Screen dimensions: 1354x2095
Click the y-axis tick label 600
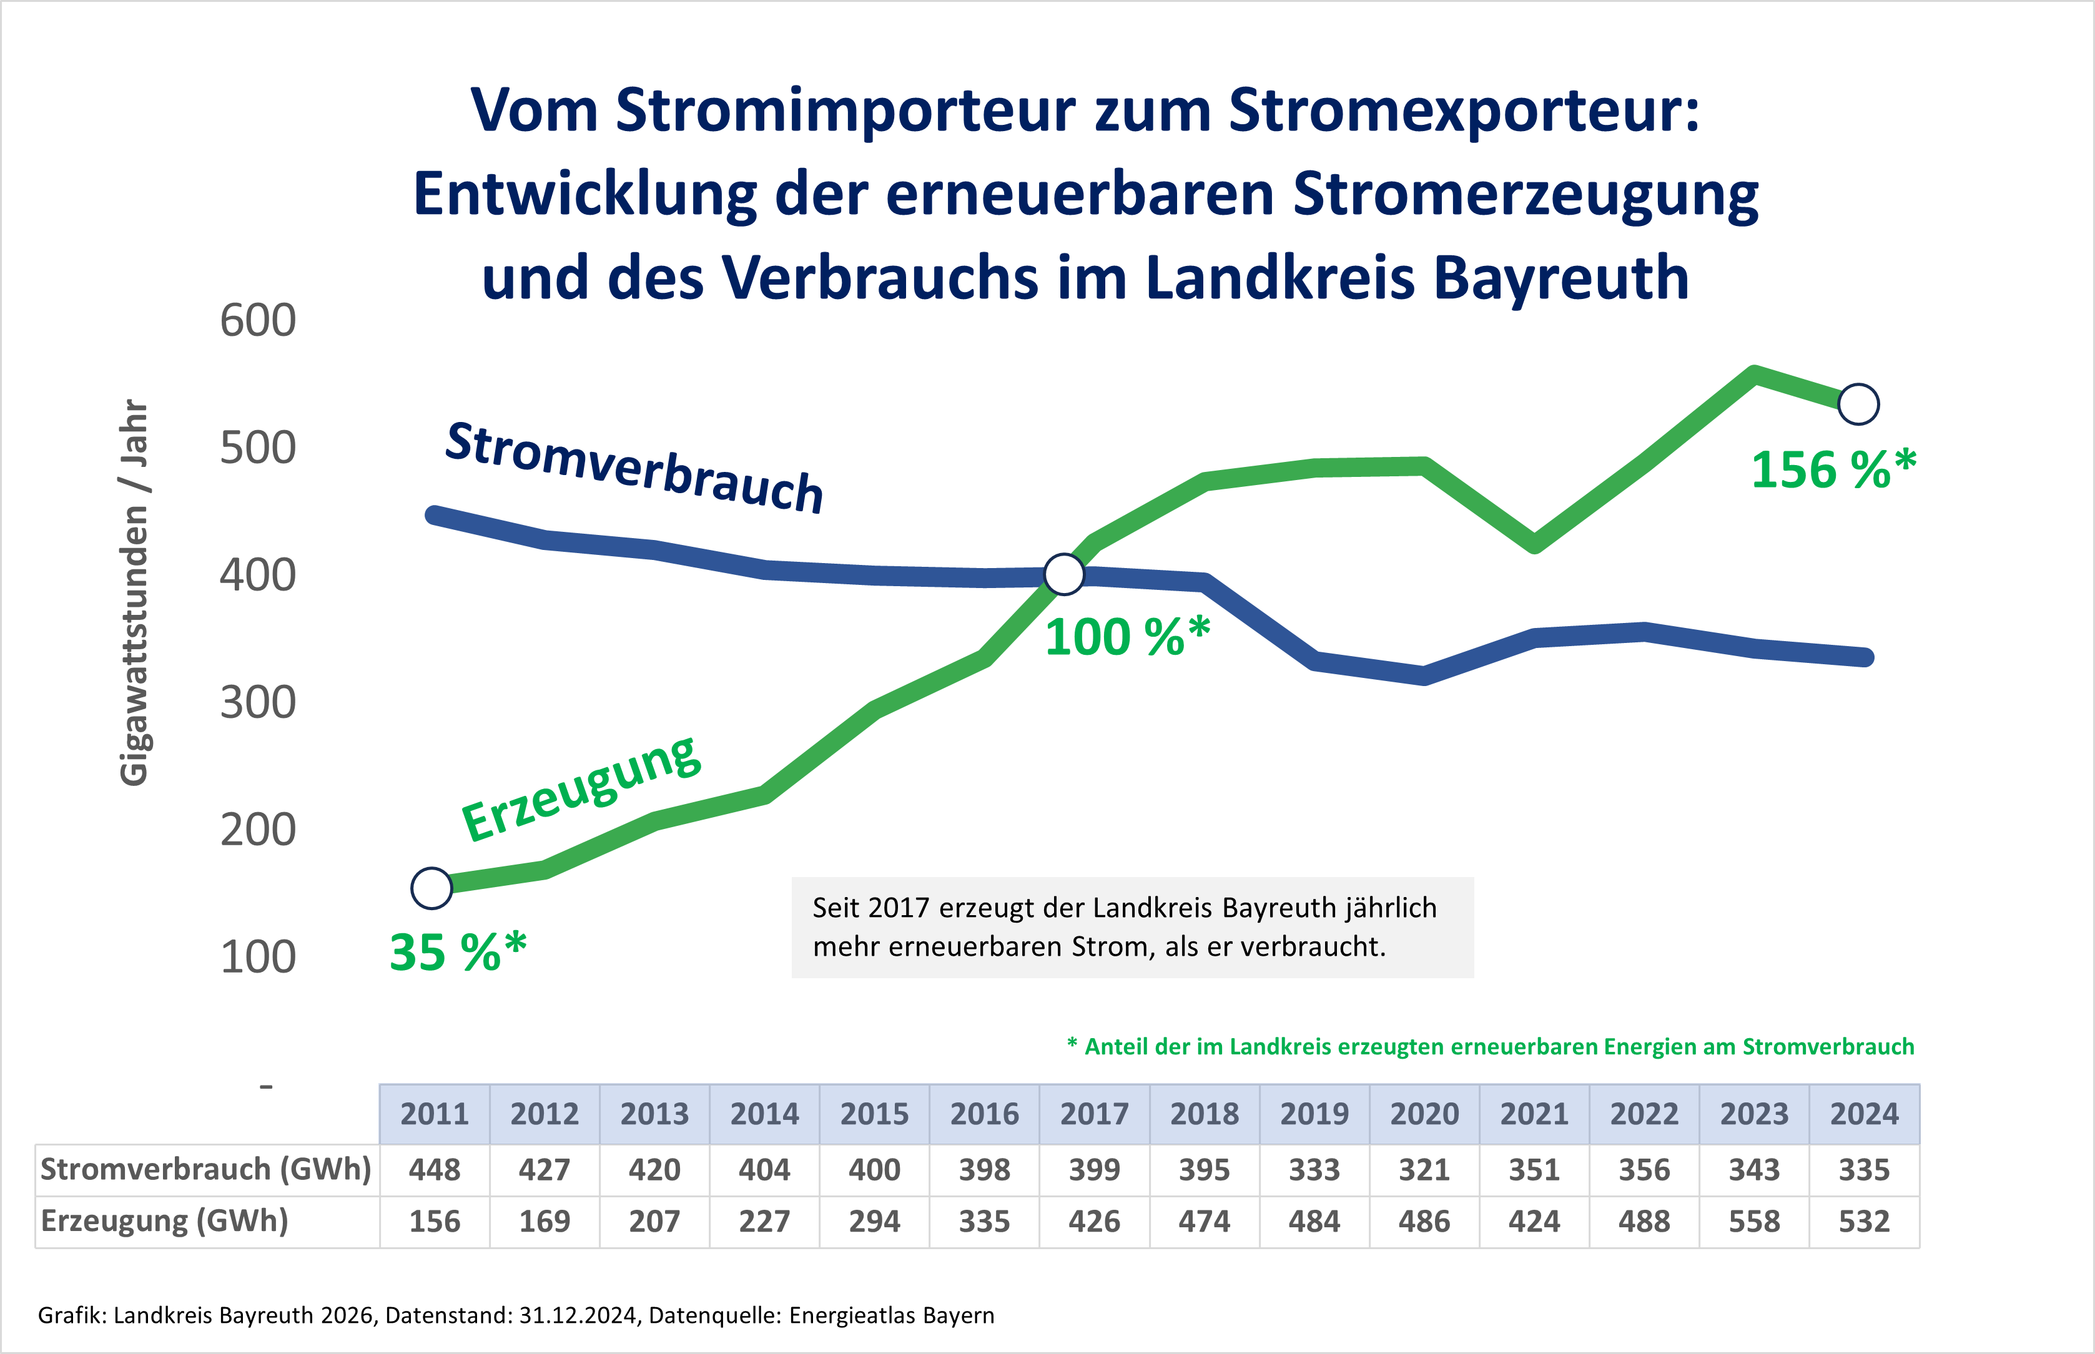[x=258, y=320]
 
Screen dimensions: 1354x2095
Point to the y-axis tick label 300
[x=258, y=702]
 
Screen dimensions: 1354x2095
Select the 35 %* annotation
[x=457, y=952]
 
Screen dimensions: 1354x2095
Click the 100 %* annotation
[x=1126, y=637]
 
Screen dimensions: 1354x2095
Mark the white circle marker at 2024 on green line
[x=1858, y=405]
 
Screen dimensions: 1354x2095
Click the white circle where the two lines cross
[x=1064, y=574]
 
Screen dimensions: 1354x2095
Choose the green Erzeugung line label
[x=581, y=788]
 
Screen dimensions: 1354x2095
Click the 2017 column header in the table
[x=1094, y=1114]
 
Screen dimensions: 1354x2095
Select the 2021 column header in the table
[x=1534, y=1114]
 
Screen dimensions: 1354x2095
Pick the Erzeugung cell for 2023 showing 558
[x=1754, y=1221]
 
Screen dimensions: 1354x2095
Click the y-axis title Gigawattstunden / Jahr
[x=134, y=592]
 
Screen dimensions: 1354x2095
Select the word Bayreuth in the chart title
[x=1561, y=278]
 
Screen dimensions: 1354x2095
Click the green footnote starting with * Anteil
[x=1490, y=1046]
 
